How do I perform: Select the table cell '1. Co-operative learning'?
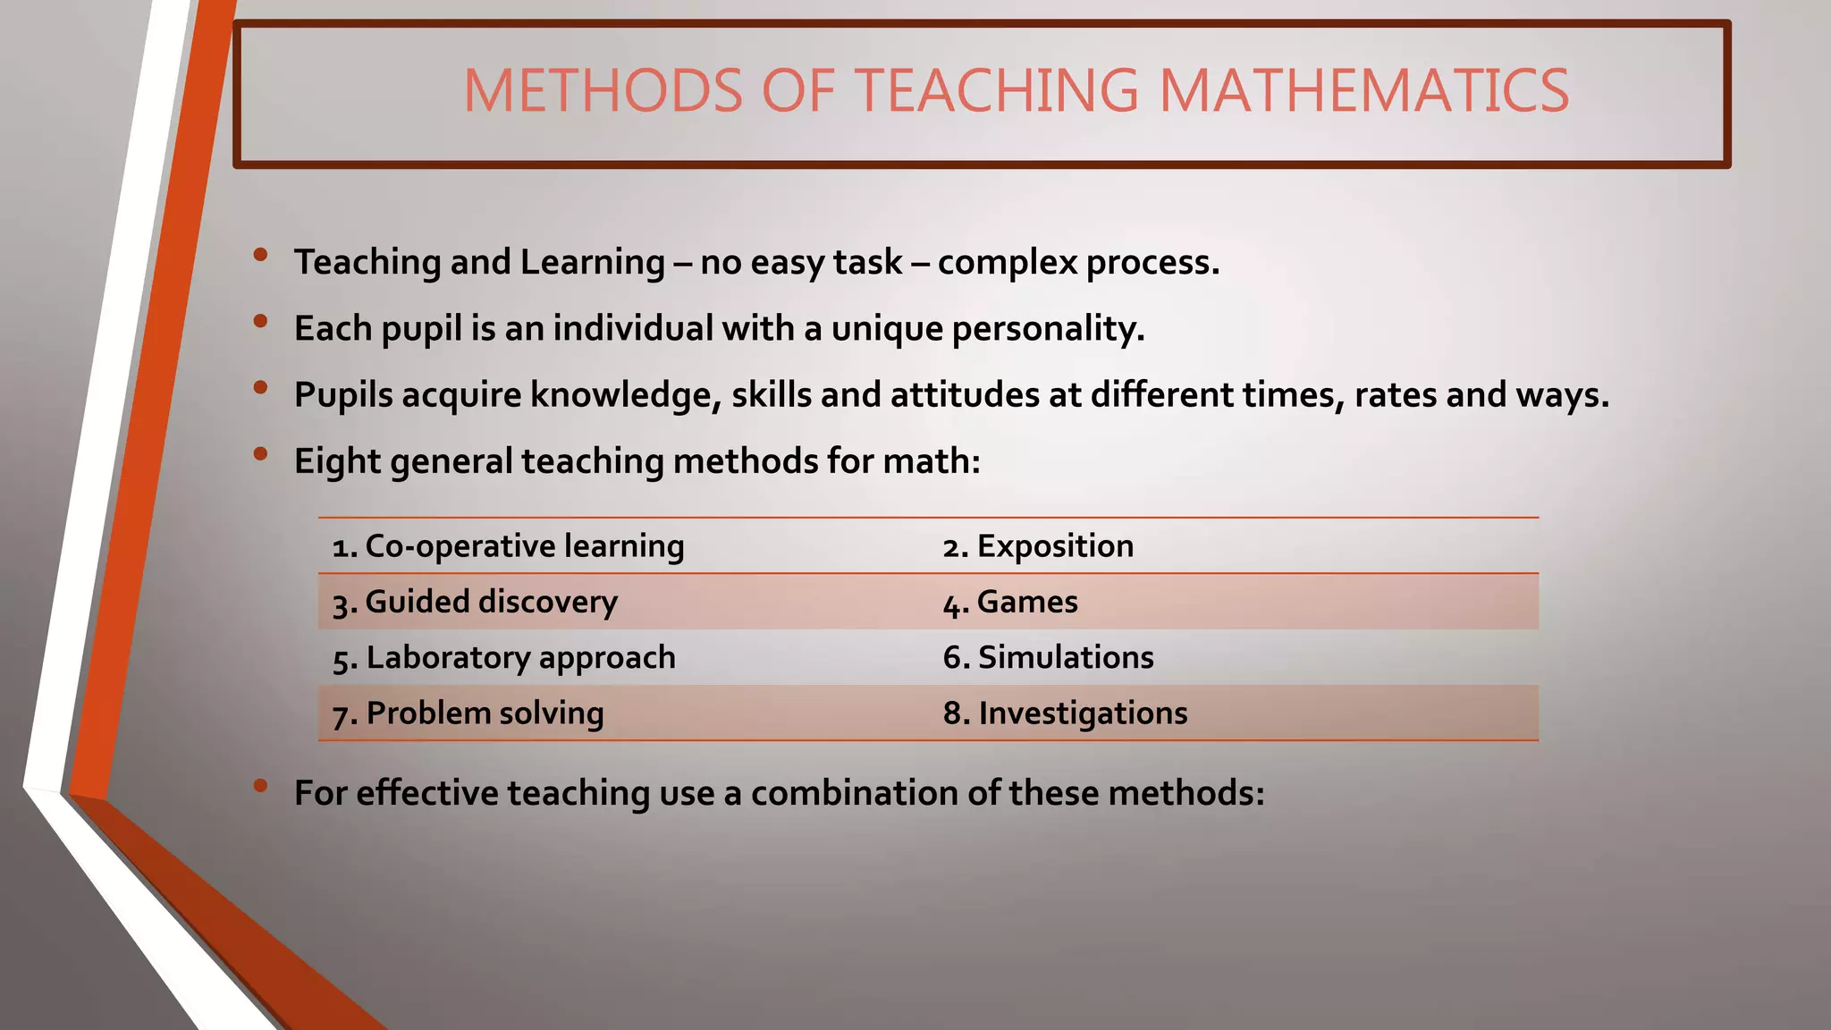click(508, 546)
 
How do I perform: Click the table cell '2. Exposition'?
click(1038, 546)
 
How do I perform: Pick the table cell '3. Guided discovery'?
click(475, 602)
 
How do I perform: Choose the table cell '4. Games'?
click(1010, 602)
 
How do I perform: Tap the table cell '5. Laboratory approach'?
click(504, 657)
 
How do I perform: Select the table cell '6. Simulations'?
click(1048, 657)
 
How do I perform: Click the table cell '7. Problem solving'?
click(468, 713)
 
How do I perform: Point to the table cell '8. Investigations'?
click(1065, 713)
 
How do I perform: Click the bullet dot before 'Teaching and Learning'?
click(260, 255)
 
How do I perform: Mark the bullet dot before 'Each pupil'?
click(260, 321)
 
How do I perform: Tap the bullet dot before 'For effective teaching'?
click(260, 786)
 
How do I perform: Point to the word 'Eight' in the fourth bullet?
click(337, 461)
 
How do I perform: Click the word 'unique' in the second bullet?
click(887, 329)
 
